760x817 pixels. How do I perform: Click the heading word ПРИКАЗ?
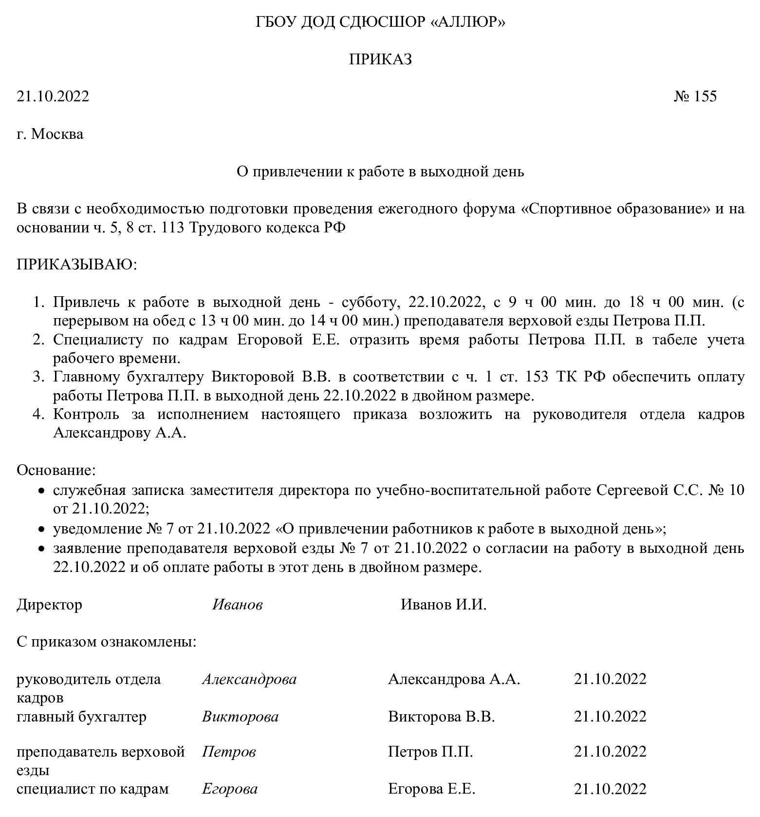(380, 59)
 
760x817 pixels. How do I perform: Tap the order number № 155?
(695, 96)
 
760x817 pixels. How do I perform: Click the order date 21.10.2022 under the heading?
(53, 96)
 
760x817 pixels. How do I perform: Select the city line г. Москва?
(50, 133)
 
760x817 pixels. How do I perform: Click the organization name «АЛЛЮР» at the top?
(468, 22)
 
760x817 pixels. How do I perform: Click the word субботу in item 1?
(371, 302)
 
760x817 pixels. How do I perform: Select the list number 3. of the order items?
(39, 377)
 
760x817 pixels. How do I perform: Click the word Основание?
(56, 470)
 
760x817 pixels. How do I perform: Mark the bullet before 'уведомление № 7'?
(42, 530)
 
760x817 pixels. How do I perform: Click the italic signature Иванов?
(238, 605)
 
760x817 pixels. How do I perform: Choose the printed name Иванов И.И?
(444, 605)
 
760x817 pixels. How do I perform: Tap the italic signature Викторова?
(240, 717)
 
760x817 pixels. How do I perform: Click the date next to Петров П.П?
(610, 752)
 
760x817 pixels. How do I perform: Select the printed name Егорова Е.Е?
(431, 789)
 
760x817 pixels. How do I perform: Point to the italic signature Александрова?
(249, 679)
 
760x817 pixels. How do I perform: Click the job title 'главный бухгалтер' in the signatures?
(81, 717)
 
